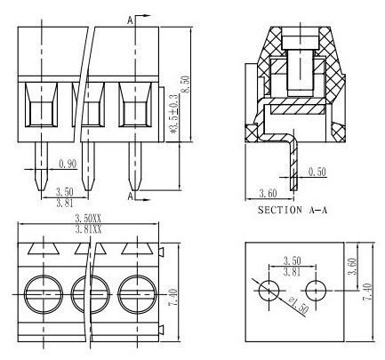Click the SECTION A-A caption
[293, 210]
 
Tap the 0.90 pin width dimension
[68, 164]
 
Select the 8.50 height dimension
[186, 84]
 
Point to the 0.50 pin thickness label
[317, 172]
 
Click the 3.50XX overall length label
[88, 219]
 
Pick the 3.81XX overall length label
[88, 229]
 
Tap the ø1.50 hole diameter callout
[299, 305]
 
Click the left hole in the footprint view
[269, 291]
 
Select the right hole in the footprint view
[316, 291]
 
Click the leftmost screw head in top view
[44, 294]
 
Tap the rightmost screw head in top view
[137, 294]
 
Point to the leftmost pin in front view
[42, 166]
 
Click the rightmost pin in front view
[135, 166]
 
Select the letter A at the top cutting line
[131, 20]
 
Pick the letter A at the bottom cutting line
[131, 196]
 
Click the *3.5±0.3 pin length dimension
[174, 114]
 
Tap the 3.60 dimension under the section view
[268, 194]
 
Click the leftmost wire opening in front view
[41, 105]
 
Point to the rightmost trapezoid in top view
[137, 249]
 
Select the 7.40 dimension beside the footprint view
[367, 292]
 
